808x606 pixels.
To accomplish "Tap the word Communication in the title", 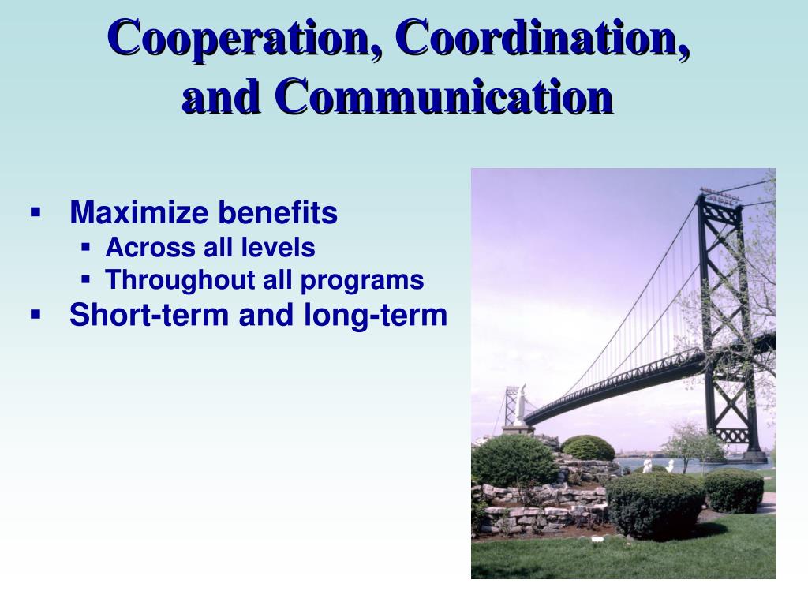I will [x=444, y=97].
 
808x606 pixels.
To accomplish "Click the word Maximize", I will [x=139, y=213].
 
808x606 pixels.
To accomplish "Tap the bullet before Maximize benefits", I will [x=36, y=212].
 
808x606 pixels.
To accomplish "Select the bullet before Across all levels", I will [x=87, y=248].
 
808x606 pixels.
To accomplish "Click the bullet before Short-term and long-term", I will [x=36, y=314].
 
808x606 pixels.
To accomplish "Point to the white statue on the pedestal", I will [x=522, y=405].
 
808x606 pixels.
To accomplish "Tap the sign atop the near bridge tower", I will [x=719, y=194].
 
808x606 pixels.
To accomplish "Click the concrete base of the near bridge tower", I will [x=754, y=456].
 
